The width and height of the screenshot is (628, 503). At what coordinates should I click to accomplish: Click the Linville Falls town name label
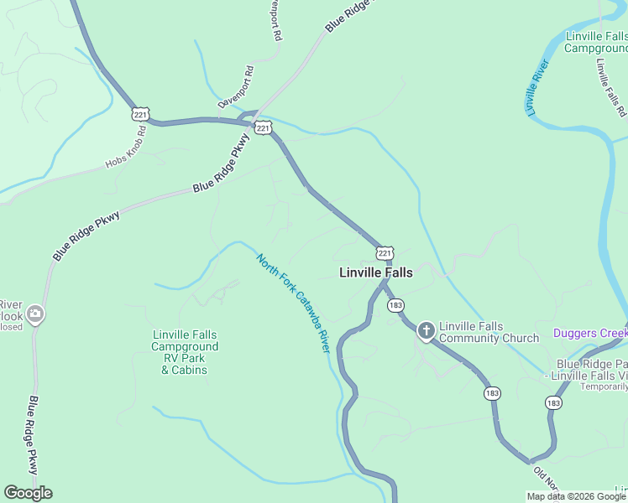point(375,272)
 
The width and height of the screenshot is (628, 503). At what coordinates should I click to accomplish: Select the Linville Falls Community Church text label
point(489,332)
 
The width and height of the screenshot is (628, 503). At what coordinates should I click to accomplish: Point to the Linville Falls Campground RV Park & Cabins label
point(186,352)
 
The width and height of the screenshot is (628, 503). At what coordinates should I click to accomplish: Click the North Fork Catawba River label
point(294,303)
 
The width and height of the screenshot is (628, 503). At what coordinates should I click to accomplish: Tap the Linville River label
point(538,87)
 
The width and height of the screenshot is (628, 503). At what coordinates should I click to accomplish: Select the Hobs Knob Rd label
point(127,148)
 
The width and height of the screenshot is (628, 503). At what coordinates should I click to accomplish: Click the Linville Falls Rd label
point(610,86)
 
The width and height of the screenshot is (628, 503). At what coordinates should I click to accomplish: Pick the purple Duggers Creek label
point(590,333)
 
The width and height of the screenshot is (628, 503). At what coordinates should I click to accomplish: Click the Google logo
point(28,493)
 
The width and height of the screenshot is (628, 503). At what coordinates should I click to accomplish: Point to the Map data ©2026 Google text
point(576,496)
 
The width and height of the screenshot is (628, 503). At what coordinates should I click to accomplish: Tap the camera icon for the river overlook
point(34,315)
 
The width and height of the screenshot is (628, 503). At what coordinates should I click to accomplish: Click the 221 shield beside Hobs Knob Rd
point(141,114)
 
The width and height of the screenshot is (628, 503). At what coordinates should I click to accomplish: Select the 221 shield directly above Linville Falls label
point(384,252)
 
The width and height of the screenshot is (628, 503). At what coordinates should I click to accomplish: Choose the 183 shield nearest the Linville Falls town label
point(395,306)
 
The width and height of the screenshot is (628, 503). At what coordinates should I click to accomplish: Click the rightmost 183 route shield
point(553,403)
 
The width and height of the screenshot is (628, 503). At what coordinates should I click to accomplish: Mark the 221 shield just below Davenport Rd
point(264,127)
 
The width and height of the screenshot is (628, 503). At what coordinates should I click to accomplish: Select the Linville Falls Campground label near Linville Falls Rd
point(596,42)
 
